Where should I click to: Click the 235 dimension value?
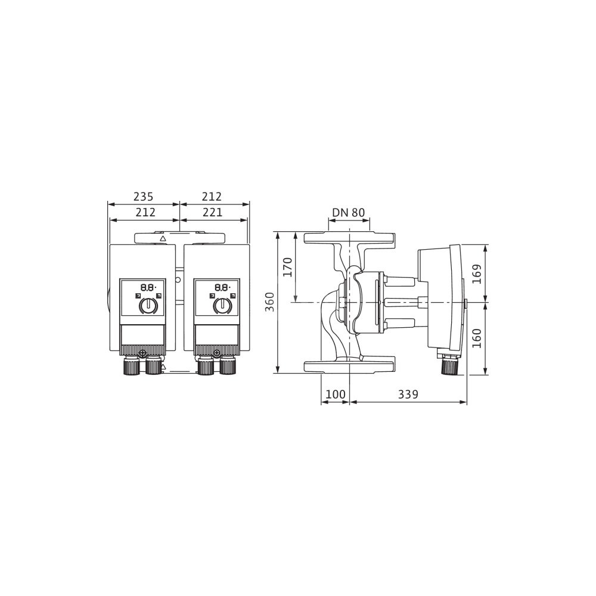(x=143, y=197)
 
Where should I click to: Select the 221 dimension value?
(x=212, y=212)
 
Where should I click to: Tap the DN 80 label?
(x=349, y=212)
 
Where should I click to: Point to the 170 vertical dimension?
(x=288, y=267)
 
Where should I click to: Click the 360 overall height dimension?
(x=270, y=302)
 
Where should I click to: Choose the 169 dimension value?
(x=477, y=274)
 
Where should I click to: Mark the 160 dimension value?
(x=477, y=338)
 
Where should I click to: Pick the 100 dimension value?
(x=335, y=394)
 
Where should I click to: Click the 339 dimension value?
(x=408, y=394)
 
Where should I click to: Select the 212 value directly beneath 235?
(x=145, y=212)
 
